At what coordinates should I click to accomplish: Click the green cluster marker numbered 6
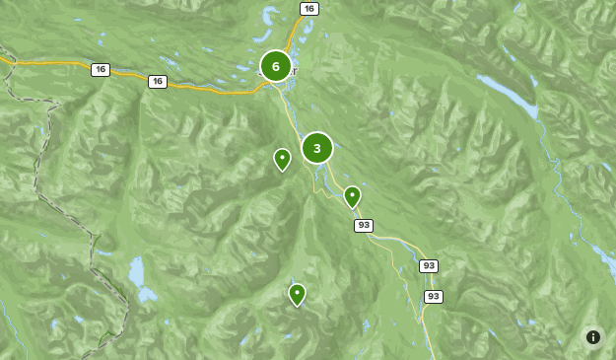click(x=276, y=66)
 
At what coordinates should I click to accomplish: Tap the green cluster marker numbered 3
click(x=317, y=148)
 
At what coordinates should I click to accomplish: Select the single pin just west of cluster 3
click(x=282, y=159)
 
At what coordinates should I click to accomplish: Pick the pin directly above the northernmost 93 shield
click(x=352, y=196)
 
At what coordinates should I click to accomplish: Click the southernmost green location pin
click(x=297, y=294)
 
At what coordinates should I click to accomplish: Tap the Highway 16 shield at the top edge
click(x=309, y=9)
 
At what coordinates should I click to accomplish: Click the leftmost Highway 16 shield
click(x=100, y=69)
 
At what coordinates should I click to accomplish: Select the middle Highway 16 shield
click(x=158, y=81)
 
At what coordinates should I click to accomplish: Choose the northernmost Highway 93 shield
click(x=364, y=226)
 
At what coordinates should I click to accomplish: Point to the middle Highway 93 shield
click(x=428, y=266)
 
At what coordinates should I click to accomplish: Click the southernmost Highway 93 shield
click(x=433, y=296)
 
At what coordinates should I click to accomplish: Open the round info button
click(x=593, y=337)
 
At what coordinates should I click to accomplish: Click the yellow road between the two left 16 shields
click(x=128, y=75)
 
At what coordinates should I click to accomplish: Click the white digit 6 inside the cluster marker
click(x=276, y=66)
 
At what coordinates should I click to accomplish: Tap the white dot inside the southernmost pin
click(x=297, y=291)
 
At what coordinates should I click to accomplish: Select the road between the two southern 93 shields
click(x=430, y=281)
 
